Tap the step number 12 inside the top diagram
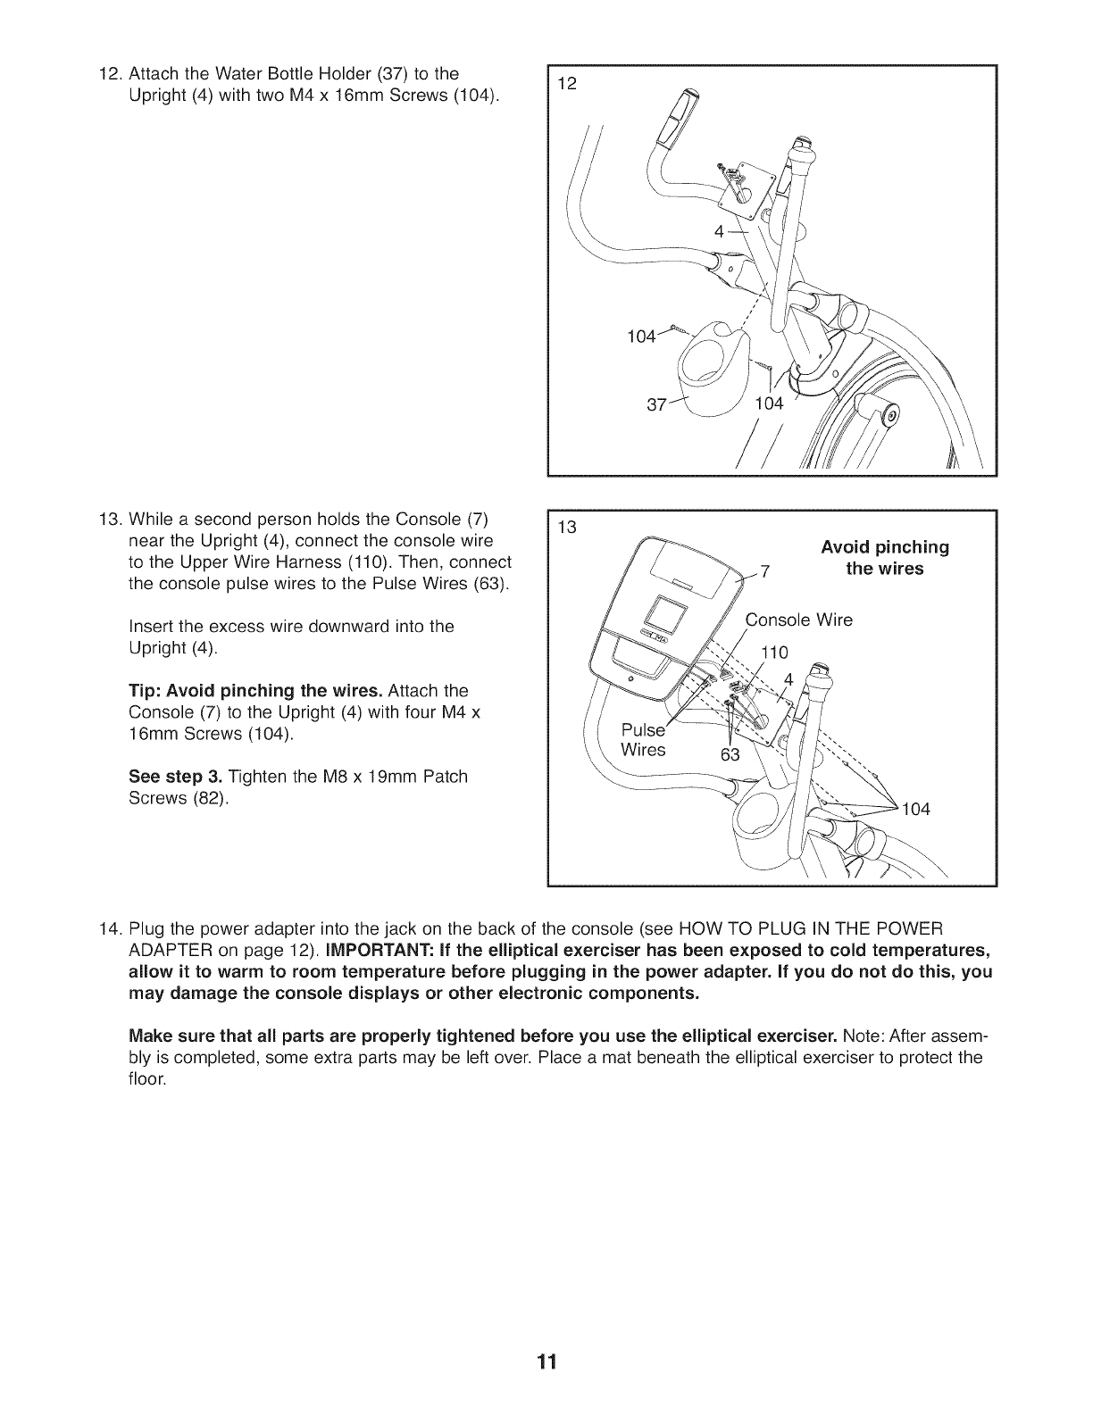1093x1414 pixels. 566,85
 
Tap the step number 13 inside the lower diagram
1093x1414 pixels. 566,527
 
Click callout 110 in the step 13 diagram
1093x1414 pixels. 773,653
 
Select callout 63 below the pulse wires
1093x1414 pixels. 730,755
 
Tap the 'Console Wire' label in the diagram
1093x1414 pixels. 799,620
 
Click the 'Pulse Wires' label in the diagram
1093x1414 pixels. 643,740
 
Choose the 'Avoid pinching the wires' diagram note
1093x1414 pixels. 884,558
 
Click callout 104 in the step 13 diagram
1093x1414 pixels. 916,809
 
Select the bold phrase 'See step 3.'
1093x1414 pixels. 171,777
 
